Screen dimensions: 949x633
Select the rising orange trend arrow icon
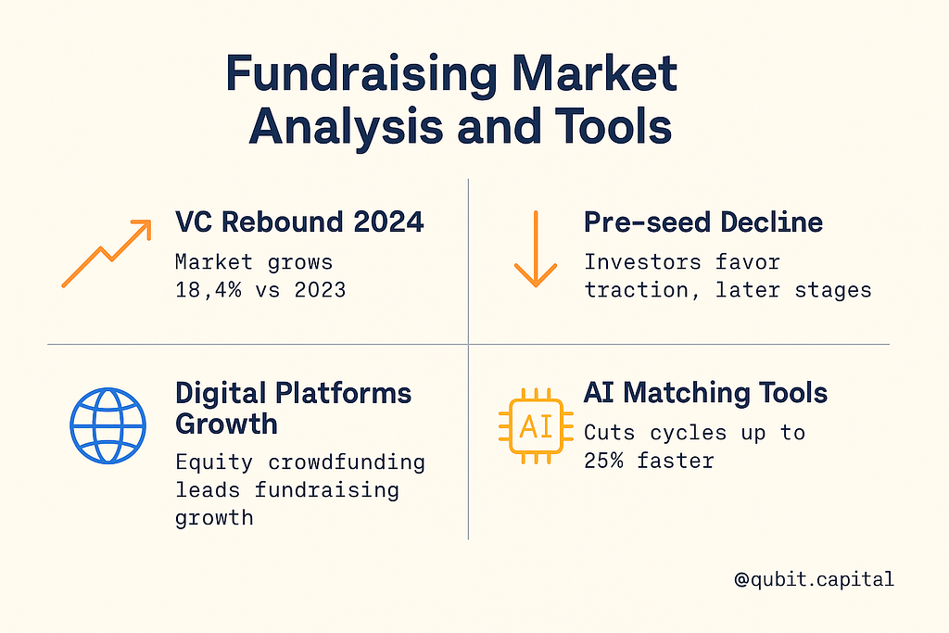click(107, 253)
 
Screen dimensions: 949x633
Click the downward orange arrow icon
click(536, 248)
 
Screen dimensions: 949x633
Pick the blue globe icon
click(108, 425)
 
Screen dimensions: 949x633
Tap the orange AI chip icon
click(536, 426)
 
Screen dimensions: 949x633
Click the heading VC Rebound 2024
click(299, 222)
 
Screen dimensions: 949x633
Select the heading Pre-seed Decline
click(703, 222)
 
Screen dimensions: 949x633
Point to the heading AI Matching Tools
click(705, 393)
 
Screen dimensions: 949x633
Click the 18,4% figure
click(208, 290)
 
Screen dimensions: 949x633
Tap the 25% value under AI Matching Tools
click(603, 461)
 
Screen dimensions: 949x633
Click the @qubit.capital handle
click(814, 579)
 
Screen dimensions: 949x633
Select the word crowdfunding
click(347, 462)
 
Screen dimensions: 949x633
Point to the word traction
click(636, 290)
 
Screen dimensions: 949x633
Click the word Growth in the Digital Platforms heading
click(226, 424)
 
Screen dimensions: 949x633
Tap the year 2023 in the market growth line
click(320, 290)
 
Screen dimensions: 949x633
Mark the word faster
click(676, 461)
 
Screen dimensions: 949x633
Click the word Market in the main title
click(594, 74)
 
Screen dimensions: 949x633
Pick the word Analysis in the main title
click(346, 126)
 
